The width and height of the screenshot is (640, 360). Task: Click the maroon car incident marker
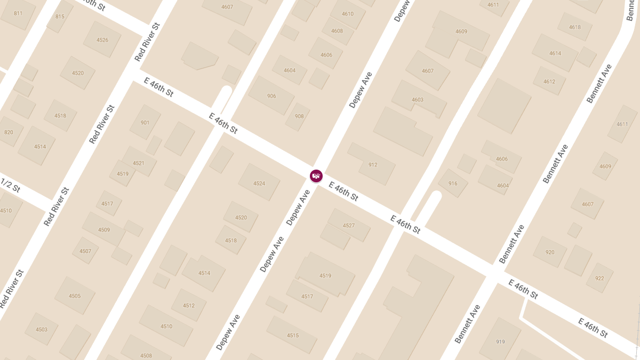[x=316, y=175]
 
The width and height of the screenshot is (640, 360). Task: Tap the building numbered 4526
[x=102, y=40]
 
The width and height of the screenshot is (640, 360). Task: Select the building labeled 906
[x=271, y=96]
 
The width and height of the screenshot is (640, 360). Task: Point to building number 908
[x=299, y=116]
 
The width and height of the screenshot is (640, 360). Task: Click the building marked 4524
[x=259, y=183]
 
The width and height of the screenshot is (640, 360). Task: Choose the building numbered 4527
[x=348, y=225]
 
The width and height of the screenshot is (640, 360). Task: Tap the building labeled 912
[x=372, y=164]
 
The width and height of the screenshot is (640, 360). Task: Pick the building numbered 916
[x=453, y=183]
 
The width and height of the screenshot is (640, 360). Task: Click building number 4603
[x=418, y=100]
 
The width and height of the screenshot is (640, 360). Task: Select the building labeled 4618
[x=574, y=27]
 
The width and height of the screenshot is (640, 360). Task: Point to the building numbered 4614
[x=555, y=53]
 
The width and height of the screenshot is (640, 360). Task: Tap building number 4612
[x=549, y=82]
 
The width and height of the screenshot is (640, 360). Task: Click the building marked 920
[x=550, y=252]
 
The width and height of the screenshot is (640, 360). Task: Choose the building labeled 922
[x=599, y=278]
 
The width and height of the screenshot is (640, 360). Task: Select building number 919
[x=500, y=341]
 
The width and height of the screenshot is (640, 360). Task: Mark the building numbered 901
[x=145, y=122]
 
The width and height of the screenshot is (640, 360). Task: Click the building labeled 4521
[x=139, y=163]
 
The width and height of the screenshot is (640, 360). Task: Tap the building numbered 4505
[x=75, y=295]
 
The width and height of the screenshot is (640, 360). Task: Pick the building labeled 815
[x=60, y=17]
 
